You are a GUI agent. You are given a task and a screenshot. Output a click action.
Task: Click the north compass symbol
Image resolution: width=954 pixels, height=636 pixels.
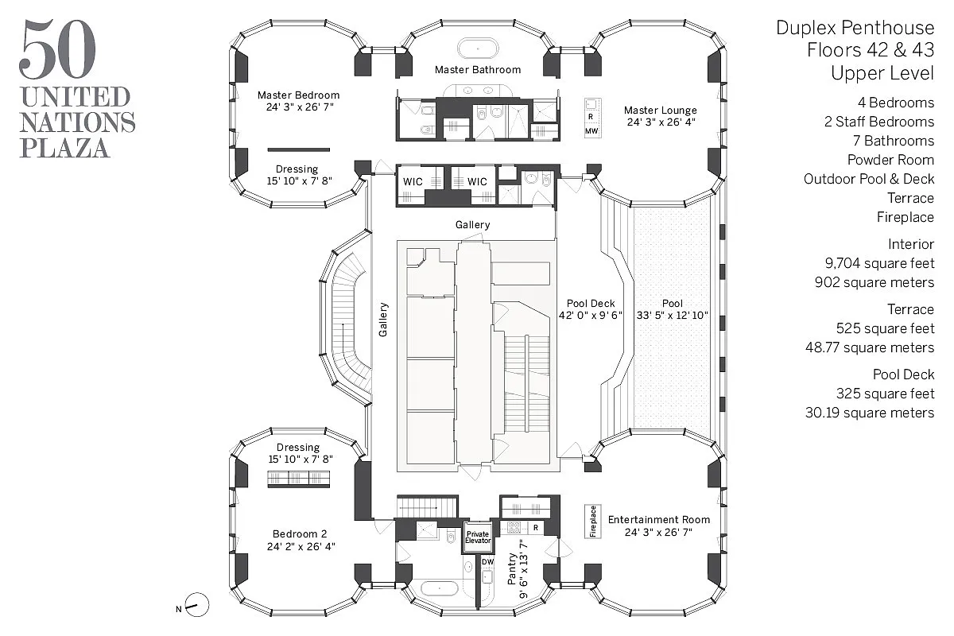pyautogui.click(x=198, y=606)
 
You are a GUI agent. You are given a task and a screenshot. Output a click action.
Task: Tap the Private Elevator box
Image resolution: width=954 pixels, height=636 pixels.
pyautogui.click(x=478, y=537)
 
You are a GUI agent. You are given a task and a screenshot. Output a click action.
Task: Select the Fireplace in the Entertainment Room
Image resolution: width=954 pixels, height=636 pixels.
pyautogui.click(x=593, y=522)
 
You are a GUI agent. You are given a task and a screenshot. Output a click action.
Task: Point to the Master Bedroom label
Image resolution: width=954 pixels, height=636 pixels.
pyautogui.click(x=298, y=95)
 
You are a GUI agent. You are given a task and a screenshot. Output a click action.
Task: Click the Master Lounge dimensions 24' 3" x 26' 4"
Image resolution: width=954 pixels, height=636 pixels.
pyautogui.click(x=660, y=122)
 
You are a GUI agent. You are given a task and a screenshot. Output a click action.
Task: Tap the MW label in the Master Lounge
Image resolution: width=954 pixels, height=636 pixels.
pyautogui.click(x=591, y=130)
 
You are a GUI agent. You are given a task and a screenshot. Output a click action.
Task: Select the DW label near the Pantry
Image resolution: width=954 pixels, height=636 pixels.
pyautogui.click(x=487, y=562)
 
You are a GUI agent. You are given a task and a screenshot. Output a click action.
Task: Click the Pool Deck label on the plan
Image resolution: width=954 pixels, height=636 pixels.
pyautogui.click(x=591, y=304)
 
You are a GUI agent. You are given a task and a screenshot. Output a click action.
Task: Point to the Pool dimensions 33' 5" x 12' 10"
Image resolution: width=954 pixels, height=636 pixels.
pyautogui.click(x=673, y=316)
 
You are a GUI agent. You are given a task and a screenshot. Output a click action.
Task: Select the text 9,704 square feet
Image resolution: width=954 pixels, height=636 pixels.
pyautogui.click(x=879, y=263)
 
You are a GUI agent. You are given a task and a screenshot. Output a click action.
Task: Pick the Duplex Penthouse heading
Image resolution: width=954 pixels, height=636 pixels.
pyautogui.click(x=855, y=29)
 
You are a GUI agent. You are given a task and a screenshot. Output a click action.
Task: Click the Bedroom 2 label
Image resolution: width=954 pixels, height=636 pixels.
pyautogui.click(x=299, y=534)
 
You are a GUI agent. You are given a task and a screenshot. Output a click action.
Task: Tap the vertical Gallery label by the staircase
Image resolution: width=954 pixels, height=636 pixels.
pyautogui.click(x=383, y=320)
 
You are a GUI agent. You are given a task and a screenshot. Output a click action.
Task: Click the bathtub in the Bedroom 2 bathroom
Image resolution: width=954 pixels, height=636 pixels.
pyautogui.click(x=438, y=589)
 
